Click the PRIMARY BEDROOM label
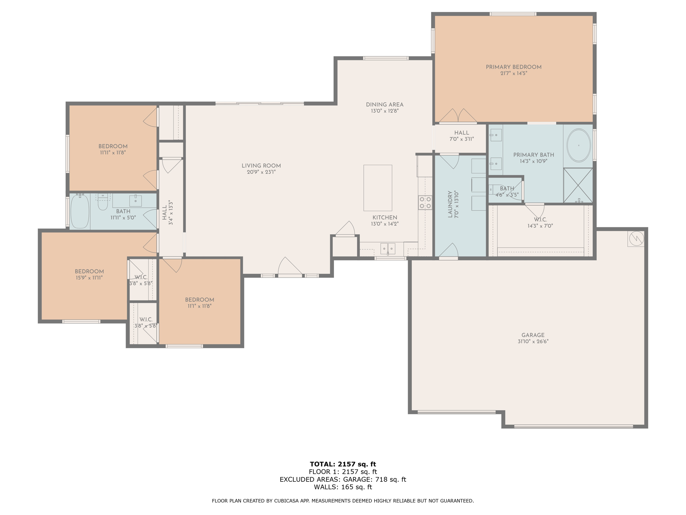click(513, 67)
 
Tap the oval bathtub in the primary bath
click(578, 146)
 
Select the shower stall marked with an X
click(578, 185)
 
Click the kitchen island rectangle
click(378, 188)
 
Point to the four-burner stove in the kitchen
click(425, 203)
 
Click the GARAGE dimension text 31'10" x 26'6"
click(533, 342)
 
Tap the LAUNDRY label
click(450, 205)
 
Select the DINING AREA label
click(385, 105)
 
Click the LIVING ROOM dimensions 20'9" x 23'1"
click(261, 172)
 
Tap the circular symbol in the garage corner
click(636, 238)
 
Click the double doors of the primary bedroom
click(458, 116)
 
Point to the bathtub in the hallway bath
click(80, 212)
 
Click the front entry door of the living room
click(290, 268)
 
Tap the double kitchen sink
click(388, 248)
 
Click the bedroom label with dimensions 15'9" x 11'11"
click(89, 272)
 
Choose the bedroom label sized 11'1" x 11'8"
click(199, 300)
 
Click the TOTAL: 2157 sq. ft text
click(343, 464)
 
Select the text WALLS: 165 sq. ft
click(343, 487)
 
